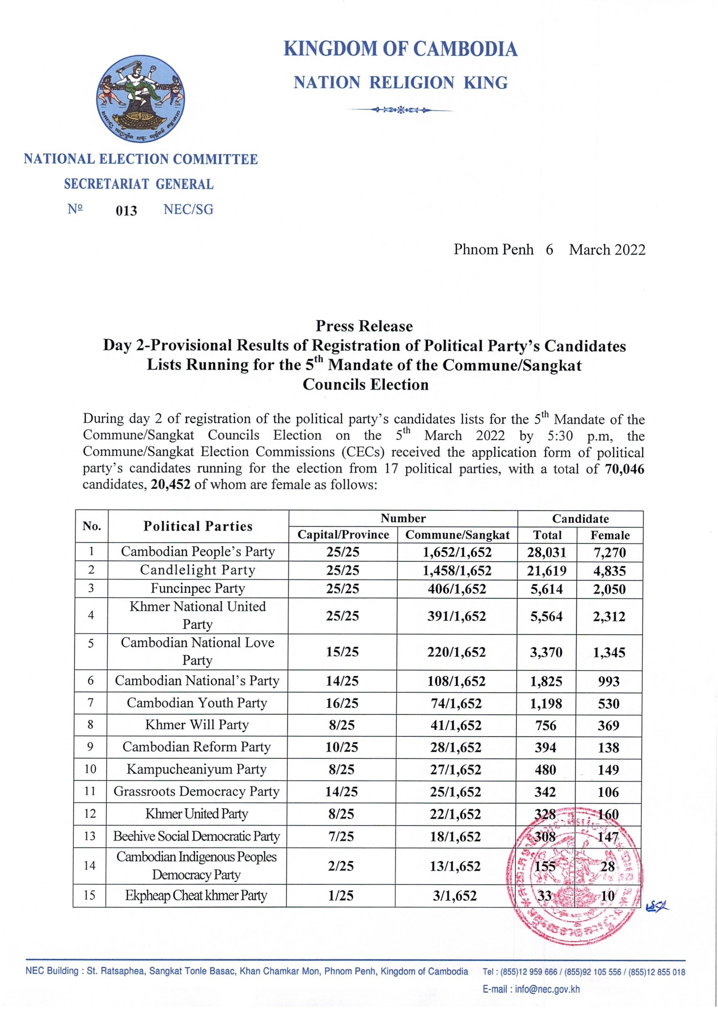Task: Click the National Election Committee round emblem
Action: [x=140, y=98]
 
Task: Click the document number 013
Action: [x=126, y=210]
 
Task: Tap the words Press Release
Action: [x=364, y=326]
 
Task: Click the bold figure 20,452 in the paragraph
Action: [x=170, y=484]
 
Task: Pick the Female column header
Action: [x=610, y=535]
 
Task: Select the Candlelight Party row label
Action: [x=197, y=570]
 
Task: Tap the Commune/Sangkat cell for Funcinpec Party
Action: [x=456, y=589]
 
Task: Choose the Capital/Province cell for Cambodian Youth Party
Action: [x=342, y=703]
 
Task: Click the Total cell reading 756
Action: [x=546, y=725]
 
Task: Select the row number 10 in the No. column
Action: [x=90, y=769]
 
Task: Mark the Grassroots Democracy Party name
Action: [x=196, y=791]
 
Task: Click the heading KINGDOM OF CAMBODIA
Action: [x=400, y=49]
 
